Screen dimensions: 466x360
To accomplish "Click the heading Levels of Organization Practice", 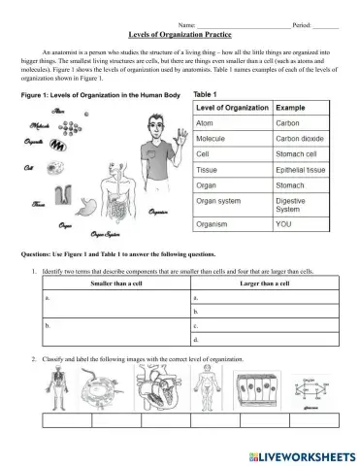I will click(179, 32).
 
